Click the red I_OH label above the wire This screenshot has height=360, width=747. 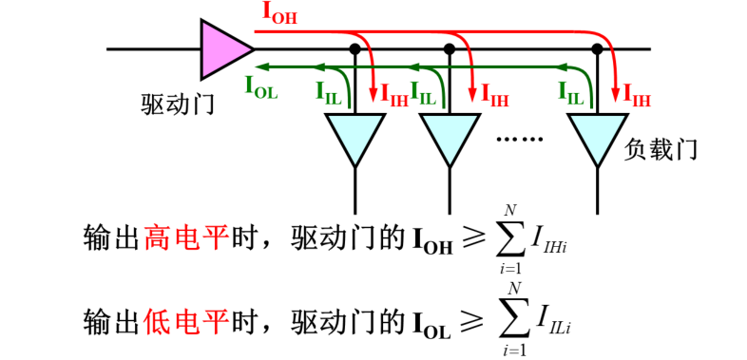click(x=278, y=14)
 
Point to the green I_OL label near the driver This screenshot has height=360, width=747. click(x=261, y=87)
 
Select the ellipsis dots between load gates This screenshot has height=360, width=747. click(x=520, y=140)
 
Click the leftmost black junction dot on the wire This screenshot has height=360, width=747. click(x=355, y=47)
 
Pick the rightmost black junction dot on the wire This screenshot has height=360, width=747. click(x=597, y=47)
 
